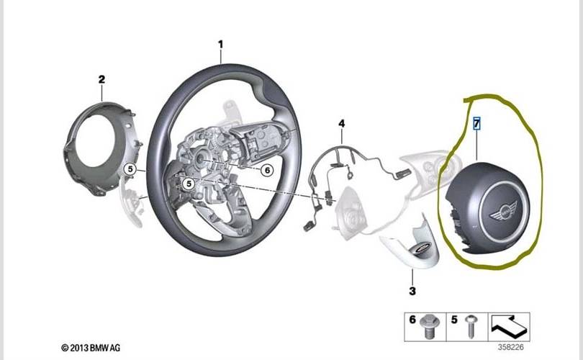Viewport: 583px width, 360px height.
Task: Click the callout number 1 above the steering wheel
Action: pos(220,45)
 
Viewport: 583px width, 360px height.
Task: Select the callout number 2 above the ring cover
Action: pos(101,79)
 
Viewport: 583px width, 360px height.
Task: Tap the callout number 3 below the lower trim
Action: pos(412,291)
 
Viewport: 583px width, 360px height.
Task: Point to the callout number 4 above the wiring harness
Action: pos(341,123)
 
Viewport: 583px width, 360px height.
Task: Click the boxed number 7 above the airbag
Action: pos(476,123)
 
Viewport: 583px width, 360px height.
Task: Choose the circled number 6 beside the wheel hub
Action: pos(267,171)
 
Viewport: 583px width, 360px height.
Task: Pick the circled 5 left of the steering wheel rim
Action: pos(130,169)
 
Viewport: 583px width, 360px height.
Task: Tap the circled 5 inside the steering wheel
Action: pos(189,184)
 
